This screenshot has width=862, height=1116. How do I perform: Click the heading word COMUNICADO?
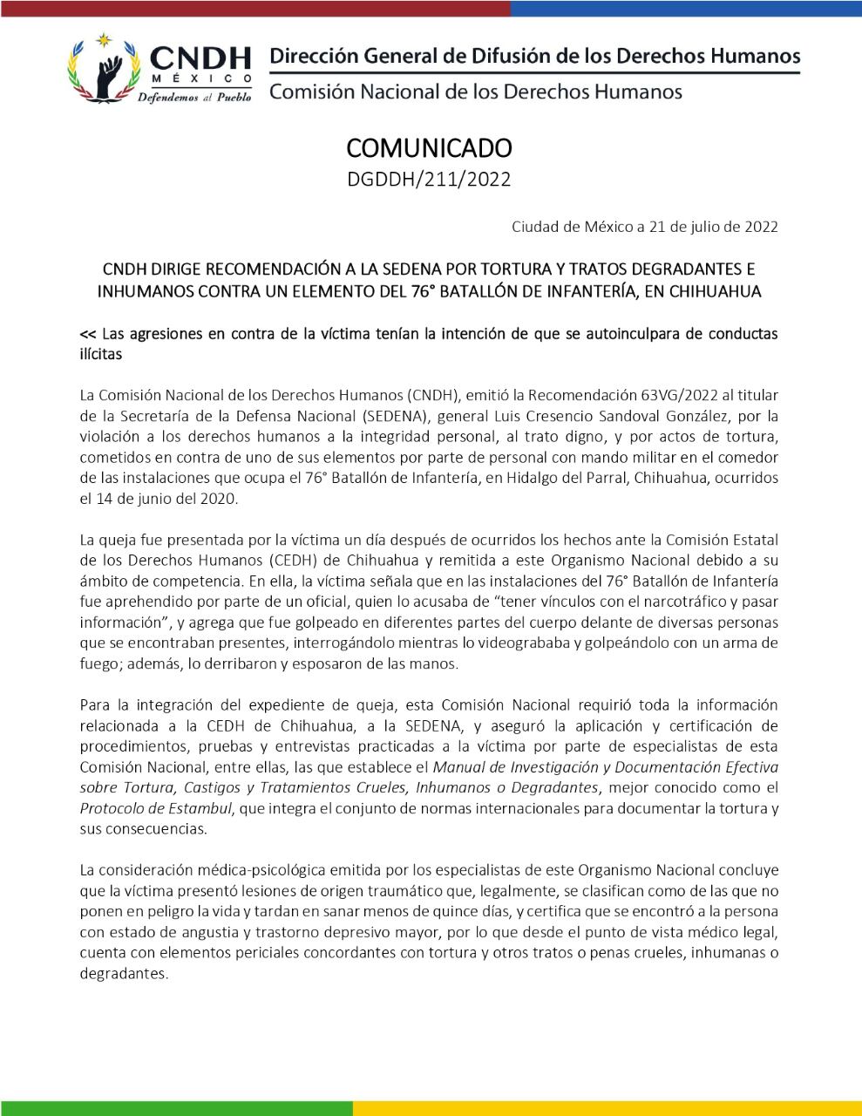429,146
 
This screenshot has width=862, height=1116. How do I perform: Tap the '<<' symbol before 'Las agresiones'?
87,334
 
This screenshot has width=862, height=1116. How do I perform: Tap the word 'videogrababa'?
539,643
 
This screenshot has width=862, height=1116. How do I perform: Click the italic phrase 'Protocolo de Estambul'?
156,808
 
